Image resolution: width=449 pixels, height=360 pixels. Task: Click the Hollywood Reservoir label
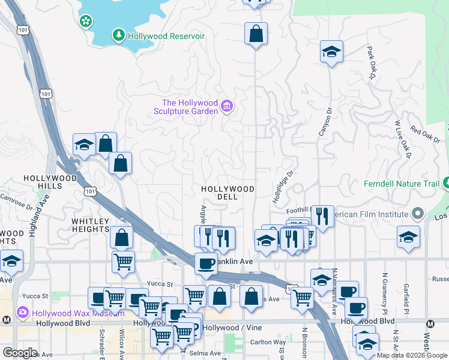click(x=166, y=36)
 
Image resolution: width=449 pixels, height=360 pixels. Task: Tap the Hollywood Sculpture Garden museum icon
click(x=227, y=107)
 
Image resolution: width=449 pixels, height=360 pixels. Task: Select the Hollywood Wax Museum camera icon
click(x=23, y=312)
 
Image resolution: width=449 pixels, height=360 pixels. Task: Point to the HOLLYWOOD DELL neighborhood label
click(x=228, y=193)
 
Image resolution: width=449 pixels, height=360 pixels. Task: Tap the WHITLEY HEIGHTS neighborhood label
click(x=91, y=225)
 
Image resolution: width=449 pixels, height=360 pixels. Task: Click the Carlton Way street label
click(x=268, y=342)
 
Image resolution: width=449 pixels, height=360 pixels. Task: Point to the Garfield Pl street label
click(x=406, y=299)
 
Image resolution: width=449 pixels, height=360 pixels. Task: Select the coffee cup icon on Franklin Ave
click(x=206, y=263)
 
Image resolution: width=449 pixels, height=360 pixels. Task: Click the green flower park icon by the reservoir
click(x=86, y=22)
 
